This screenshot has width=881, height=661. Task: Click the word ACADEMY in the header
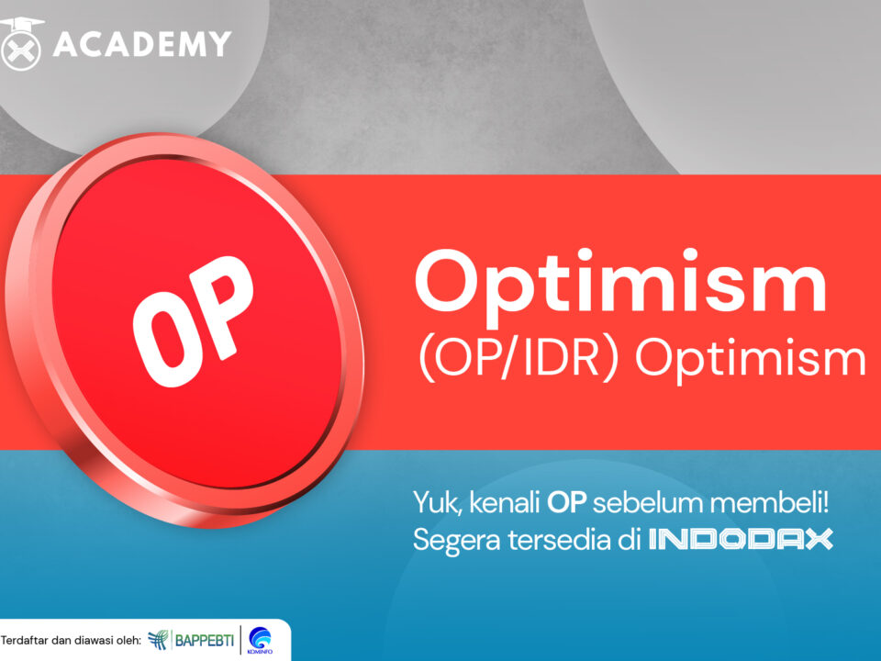click(142, 43)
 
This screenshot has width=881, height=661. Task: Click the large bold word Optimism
click(620, 283)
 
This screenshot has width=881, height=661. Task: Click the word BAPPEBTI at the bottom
click(204, 640)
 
